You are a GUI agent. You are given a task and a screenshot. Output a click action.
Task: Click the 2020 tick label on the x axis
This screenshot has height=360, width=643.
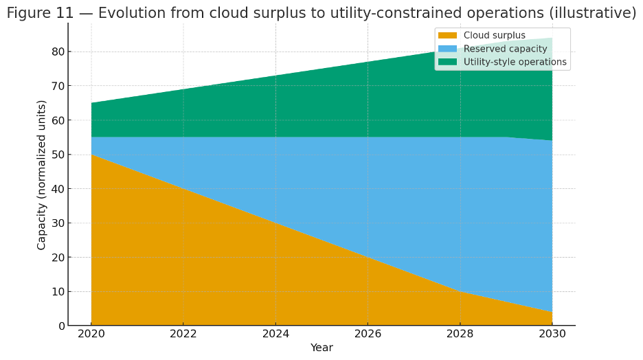(91, 334)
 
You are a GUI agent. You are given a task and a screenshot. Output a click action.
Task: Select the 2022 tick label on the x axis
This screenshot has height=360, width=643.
(183, 334)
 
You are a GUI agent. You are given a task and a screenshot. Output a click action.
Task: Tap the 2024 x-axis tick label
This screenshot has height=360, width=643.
(275, 334)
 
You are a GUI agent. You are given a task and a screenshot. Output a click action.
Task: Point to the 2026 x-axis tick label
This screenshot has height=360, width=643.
(368, 334)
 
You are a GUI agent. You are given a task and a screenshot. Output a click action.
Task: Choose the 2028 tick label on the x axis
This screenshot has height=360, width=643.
(460, 334)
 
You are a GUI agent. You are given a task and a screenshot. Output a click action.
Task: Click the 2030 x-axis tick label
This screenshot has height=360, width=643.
(552, 334)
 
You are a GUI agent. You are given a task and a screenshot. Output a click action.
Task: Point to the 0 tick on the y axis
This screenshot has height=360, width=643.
(62, 326)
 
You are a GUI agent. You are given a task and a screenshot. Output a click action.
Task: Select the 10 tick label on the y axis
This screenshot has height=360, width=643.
(58, 291)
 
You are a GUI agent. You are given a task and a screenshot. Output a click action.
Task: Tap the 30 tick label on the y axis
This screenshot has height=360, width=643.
(58, 223)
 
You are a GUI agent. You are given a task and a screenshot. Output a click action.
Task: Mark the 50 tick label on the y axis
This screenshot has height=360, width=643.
(58, 155)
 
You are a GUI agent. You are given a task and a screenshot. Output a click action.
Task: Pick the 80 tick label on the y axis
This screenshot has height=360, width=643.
(58, 52)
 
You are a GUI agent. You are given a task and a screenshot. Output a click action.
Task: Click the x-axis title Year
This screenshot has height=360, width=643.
(321, 348)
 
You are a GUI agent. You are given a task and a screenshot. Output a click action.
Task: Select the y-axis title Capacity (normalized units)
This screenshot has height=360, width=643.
(42, 175)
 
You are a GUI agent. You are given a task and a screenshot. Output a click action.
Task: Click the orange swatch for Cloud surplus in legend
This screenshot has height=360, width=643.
(447, 36)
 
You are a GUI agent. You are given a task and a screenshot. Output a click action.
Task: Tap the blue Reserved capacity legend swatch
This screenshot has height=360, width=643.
(447, 49)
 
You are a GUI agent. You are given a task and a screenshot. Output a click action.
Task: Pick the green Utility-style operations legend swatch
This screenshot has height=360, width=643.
(447, 62)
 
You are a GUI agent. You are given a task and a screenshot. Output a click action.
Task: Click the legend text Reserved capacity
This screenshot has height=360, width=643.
(505, 49)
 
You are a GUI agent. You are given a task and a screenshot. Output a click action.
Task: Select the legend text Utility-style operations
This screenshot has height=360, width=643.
(515, 62)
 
